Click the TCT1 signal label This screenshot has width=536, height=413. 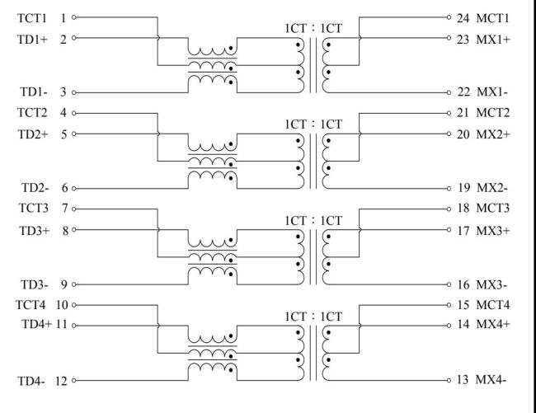click(32, 18)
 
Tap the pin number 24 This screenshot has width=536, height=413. click(463, 18)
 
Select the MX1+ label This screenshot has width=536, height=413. click(493, 40)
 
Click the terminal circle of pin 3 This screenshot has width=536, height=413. click(74, 92)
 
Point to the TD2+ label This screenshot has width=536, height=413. click(33, 134)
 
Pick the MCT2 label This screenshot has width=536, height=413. click(492, 113)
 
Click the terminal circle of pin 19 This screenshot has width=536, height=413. click(449, 189)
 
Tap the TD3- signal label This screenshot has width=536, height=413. click(34, 284)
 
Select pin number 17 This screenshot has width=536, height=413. click(463, 231)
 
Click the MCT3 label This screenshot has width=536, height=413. click(492, 208)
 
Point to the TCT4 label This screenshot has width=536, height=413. click(31, 305)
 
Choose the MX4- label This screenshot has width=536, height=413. click(491, 379)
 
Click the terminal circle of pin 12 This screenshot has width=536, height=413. click(74, 381)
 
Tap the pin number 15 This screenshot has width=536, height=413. click(463, 305)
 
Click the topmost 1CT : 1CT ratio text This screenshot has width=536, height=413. click(313, 28)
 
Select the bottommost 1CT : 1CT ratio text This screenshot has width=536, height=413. click(313, 317)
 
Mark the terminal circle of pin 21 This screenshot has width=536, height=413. click(449, 113)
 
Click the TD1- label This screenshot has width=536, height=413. click(34, 92)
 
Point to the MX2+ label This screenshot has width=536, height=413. click(493, 134)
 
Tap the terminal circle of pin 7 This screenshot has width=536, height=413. click(74, 209)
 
